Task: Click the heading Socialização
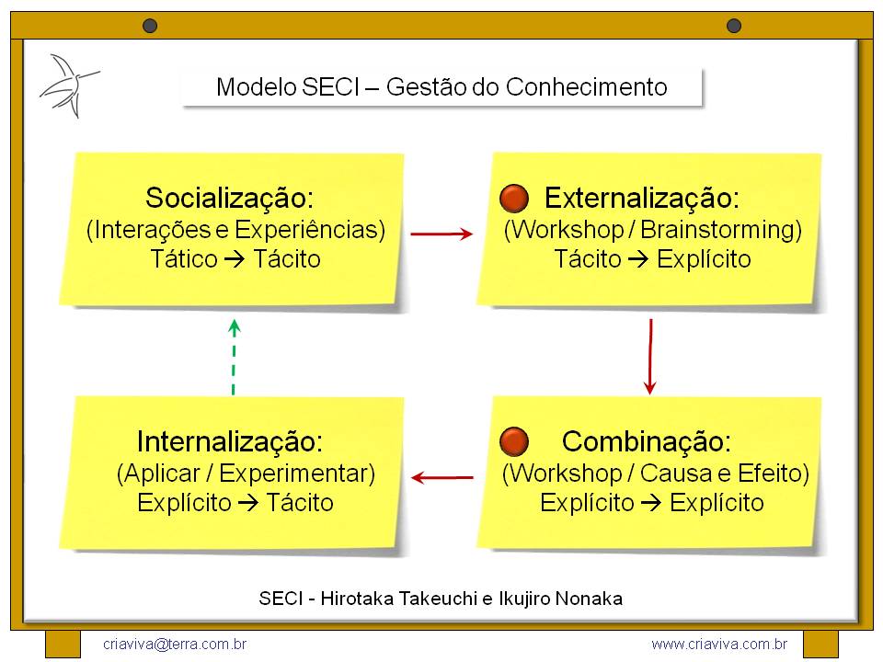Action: (230, 198)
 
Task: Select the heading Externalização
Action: (642, 198)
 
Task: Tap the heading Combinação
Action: (646, 441)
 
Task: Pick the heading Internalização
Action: (230, 441)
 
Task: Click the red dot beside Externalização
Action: (513, 198)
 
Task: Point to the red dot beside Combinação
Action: (513, 441)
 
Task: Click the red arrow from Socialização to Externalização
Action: (441, 234)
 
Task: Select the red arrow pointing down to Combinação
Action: (650, 356)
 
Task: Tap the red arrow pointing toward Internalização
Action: (442, 477)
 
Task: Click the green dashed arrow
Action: (234, 357)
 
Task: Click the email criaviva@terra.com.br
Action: (175, 645)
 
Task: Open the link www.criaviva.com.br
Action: (718, 645)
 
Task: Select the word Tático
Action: (183, 259)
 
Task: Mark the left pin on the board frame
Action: (150, 26)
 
